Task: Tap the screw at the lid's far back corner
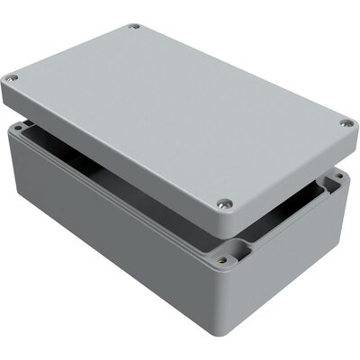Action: coord(134,27)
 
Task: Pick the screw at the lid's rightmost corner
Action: coord(346,124)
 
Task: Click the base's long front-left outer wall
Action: coord(108,225)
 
